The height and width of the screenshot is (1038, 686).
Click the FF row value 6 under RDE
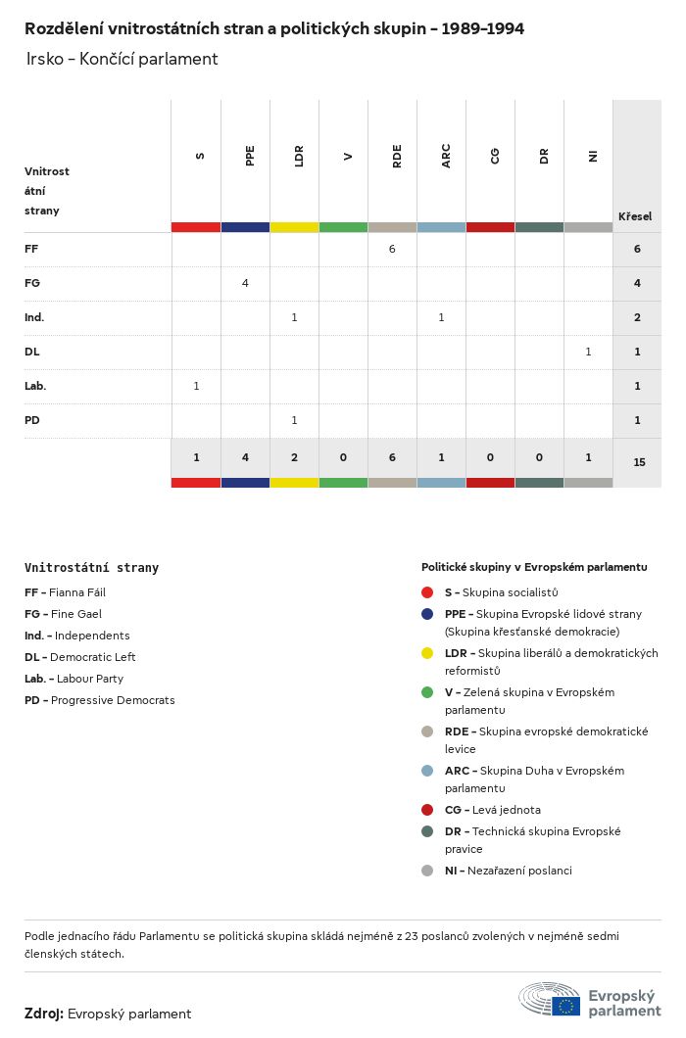(x=392, y=249)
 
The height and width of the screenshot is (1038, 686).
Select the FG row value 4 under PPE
(x=245, y=283)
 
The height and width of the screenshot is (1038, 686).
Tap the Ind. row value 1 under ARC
(x=441, y=317)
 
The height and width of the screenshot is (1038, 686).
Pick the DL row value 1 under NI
(x=588, y=352)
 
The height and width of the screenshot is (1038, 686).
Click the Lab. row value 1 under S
(x=196, y=386)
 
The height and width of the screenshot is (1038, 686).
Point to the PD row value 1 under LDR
(x=294, y=420)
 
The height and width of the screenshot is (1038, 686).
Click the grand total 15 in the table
(x=639, y=462)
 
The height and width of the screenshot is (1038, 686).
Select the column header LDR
(x=299, y=156)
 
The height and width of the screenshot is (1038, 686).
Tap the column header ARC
(x=446, y=156)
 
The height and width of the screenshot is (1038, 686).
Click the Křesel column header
(x=635, y=216)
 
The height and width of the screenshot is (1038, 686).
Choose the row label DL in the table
(x=32, y=352)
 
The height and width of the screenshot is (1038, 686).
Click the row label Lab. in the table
(x=35, y=386)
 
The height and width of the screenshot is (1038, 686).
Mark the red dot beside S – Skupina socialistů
(x=427, y=592)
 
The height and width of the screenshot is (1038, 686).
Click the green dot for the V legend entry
(x=427, y=692)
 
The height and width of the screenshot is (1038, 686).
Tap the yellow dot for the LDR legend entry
(x=427, y=653)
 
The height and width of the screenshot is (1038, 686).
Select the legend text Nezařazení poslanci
(x=519, y=871)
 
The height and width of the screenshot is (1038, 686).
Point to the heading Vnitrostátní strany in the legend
(x=91, y=568)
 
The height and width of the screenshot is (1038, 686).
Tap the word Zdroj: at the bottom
(x=44, y=1014)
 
